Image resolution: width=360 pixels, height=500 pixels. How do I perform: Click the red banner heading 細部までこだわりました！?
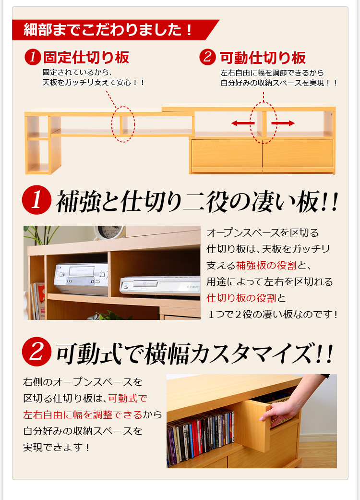(108, 30)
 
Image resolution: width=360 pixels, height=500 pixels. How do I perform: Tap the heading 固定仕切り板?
(86, 58)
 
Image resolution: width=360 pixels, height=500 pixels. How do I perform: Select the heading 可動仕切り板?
(263, 58)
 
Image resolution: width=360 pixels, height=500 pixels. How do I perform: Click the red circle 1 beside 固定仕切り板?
(33, 58)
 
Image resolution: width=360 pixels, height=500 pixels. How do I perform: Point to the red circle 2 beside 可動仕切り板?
(208, 58)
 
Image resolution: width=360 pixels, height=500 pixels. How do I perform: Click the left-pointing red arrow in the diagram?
(243, 123)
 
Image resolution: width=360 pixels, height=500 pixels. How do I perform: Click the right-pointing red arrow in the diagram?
(283, 123)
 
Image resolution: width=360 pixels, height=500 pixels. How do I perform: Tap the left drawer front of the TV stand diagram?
(227, 154)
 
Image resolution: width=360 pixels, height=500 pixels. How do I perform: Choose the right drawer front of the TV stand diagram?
(298, 154)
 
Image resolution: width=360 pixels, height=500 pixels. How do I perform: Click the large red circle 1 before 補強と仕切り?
(36, 200)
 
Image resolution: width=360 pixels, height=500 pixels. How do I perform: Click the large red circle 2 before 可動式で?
(36, 352)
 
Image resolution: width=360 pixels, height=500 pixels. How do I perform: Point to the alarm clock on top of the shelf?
(109, 232)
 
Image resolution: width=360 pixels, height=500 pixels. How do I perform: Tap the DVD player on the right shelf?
(160, 285)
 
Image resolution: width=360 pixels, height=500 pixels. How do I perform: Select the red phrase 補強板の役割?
(266, 265)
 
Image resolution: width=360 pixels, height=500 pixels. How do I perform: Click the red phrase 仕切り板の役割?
(241, 298)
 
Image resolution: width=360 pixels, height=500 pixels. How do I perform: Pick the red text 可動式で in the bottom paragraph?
(128, 398)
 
